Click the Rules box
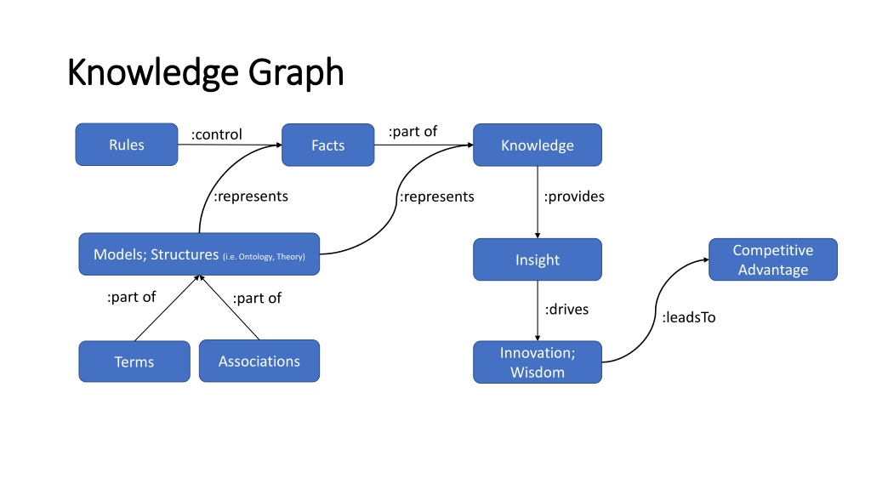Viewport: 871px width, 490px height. click(127, 145)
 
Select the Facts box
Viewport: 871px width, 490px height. click(327, 145)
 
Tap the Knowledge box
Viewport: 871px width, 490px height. click(538, 145)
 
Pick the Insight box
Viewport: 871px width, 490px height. click(538, 259)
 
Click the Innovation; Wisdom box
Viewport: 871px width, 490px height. click(538, 362)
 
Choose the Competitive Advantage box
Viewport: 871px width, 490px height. click(772, 259)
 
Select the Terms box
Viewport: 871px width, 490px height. click(134, 361)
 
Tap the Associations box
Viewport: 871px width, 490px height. click(259, 361)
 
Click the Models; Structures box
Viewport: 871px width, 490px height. click(199, 254)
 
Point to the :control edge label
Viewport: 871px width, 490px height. click(217, 134)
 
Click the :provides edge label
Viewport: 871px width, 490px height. click(574, 197)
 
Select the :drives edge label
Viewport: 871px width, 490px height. click(566, 309)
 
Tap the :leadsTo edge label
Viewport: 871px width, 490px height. click(689, 317)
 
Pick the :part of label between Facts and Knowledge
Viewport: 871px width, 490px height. click(413, 132)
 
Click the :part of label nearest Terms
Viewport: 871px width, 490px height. click(132, 297)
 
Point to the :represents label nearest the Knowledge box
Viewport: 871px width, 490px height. click(437, 197)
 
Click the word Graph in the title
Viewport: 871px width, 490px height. click(296, 73)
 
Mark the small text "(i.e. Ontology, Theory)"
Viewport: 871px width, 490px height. click(264, 257)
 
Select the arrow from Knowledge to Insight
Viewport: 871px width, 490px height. click(538, 202)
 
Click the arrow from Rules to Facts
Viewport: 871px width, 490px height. click(230, 145)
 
